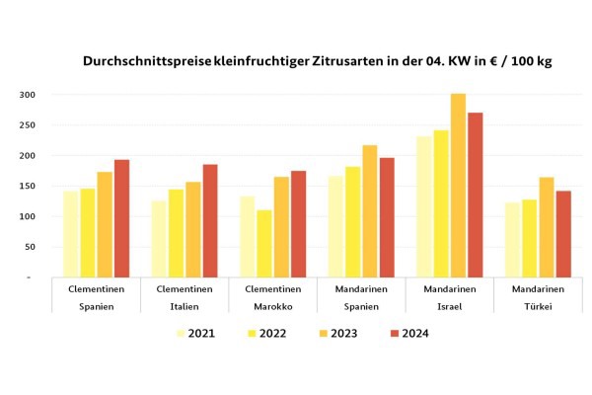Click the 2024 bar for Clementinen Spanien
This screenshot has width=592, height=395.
[121, 219]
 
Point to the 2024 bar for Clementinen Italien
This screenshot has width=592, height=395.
[210, 221]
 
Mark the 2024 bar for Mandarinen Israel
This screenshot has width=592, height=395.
[475, 196]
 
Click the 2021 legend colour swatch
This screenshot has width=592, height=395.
[182, 333]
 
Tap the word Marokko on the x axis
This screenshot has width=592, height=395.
[272, 307]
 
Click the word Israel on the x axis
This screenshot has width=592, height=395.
[449, 307]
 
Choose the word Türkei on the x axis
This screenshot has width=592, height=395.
[538, 307]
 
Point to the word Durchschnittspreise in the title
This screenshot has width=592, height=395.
[145, 61]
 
